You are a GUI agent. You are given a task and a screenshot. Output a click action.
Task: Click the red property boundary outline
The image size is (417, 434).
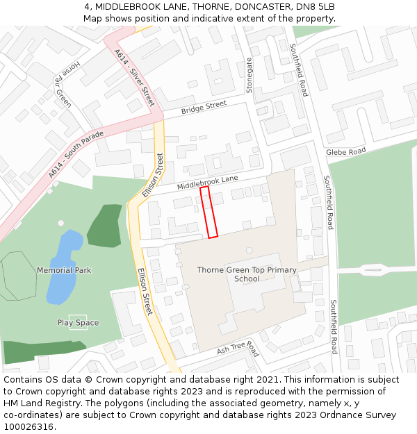pos(208,212)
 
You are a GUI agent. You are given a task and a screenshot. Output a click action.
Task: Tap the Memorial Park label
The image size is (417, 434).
pos(64,270)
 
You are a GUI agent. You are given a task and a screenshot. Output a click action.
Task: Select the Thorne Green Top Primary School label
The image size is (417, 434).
pos(247,274)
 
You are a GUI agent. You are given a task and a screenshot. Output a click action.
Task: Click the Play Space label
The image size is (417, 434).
pos(78,323)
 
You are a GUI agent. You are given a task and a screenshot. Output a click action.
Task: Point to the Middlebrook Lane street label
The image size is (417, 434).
pos(207,183)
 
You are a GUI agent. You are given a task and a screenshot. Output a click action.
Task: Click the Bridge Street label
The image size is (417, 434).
pos(204,108)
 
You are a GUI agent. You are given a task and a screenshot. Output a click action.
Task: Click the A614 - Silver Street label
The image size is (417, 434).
pos(133,76)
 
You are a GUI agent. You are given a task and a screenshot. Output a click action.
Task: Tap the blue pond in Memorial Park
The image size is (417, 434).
pos(63,267)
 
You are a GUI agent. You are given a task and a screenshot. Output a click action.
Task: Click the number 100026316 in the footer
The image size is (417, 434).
pos(28,427)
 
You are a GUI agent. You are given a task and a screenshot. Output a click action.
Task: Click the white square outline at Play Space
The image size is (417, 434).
pos(78,322)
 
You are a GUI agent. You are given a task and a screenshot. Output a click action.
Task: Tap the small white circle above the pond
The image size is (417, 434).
pos(60,223)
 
